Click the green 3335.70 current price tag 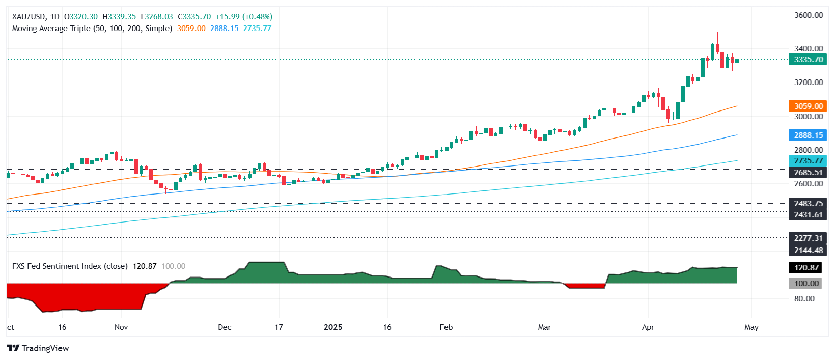pyautogui.click(x=808, y=60)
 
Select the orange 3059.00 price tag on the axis pyautogui.click(x=808, y=106)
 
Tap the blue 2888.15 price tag pyautogui.click(x=808, y=135)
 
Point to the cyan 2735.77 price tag pyautogui.click(x=808, y=160)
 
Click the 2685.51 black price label pyautogui.click(x=808, y=173)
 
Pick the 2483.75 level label pyautogui.click(x=808, y=204)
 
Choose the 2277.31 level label pyautogui.click(x=808, y=238)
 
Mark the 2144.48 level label pyautogui.click(x=808, y=250)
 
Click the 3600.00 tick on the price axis pyautogui.click(x=809, y=15)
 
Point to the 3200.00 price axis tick pyautogui.click(x=809, y=82)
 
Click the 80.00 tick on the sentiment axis pyautogui.click(x=804, y=299)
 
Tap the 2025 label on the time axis pyautogui.click(x=333, y=327)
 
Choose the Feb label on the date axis pyautogui.click(x=446, y=327)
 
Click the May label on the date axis pyautogui.click(x=751, y=327)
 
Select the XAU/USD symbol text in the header pyautogui.click(x=29, y=17)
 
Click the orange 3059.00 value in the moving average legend pyautogui.click(x=191, y=29)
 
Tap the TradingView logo pyautogui.click(x=38, y=348)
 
